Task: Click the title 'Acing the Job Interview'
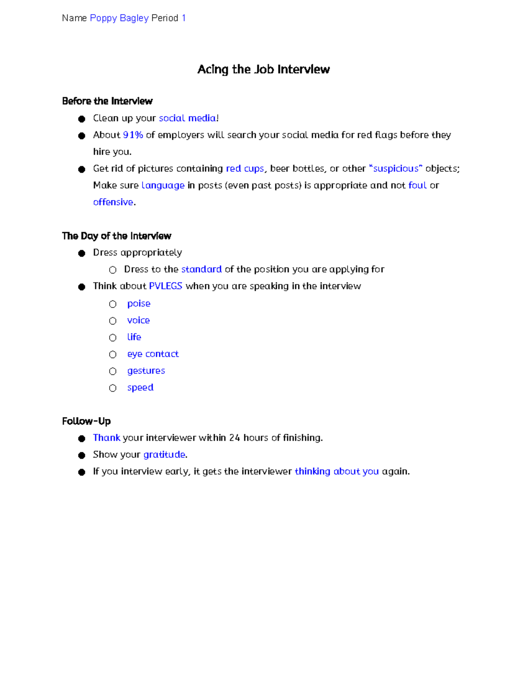tap(263, 70)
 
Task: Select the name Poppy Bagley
tap(119, 18)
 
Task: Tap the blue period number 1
tap(183, 18)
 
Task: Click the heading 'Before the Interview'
tap(107, 101)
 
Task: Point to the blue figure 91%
tap(133, 135)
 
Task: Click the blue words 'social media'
tap(187, 118)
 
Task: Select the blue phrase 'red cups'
tap(245, 169)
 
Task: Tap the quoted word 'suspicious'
tap(396, 169)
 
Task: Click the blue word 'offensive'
tap(113, 202)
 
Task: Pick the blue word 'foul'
tap(417, 185)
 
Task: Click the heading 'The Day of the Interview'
tap(117, 236)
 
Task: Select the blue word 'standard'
tap(201, 270)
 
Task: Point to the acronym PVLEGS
tap(165, 286)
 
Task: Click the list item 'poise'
tap(139, 304)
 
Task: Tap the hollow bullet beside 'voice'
tap(113, 321)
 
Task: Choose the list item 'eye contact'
tap(153, 354)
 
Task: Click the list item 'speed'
tap(140, 388)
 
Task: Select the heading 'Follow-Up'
tap(86, 421)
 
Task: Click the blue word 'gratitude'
tap(164, 455)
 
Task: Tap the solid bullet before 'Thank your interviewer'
tap(81, 439)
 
